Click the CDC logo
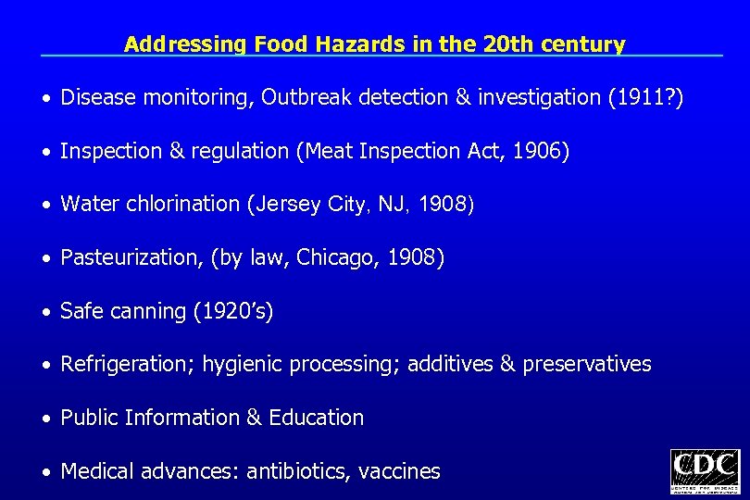tap(705, 471)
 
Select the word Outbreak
tap(303, 98)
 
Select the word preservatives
tap(586, 365)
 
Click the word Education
tap(316, 418)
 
